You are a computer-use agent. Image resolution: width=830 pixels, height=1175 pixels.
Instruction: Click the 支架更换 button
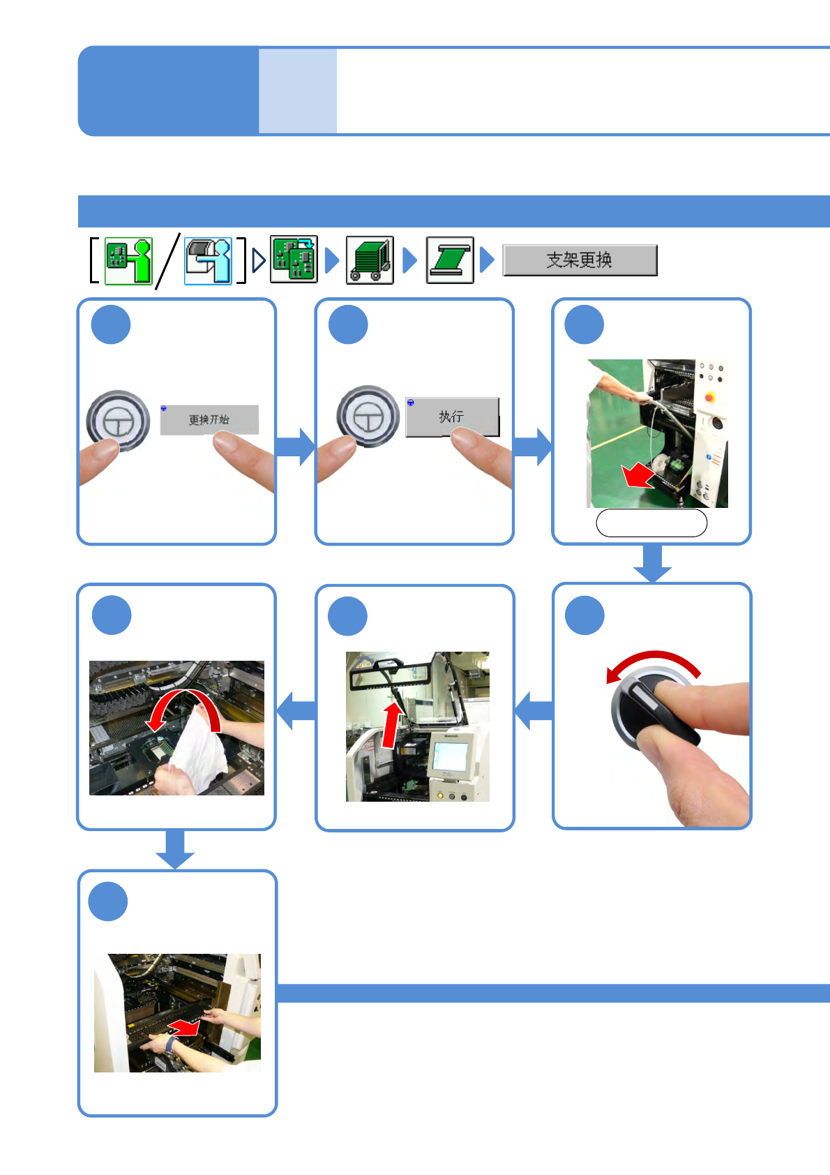coord(580,260)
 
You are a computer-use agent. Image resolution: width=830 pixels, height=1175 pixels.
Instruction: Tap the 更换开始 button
coord(209,419)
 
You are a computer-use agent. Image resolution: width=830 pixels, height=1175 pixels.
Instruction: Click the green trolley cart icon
coord(370,260)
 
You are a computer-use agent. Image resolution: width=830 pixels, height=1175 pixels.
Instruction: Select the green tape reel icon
coord(450,260)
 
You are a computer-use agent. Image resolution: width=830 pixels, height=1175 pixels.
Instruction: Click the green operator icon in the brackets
coord(128,261)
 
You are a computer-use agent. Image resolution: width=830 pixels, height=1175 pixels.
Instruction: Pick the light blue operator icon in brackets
coord(208,261)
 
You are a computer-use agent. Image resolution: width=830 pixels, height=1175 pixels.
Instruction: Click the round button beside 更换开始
coord(118,421)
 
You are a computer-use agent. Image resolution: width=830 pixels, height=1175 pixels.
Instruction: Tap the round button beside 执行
coord(368,417)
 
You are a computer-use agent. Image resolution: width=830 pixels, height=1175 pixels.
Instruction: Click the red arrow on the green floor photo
coord(637,477)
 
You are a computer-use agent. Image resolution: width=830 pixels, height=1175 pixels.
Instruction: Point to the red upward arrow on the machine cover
coord(392,726)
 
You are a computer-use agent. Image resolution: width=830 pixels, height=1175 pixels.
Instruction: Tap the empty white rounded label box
coord(651,523)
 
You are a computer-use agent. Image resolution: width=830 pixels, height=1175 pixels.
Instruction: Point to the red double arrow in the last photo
coord(185,1027)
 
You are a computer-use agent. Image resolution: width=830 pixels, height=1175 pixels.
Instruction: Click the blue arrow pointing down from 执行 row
coord(652,563)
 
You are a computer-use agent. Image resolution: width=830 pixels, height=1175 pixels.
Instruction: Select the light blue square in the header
coord(298,91)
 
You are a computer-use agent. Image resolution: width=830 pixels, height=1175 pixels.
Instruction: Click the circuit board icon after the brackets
coord(294,260)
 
